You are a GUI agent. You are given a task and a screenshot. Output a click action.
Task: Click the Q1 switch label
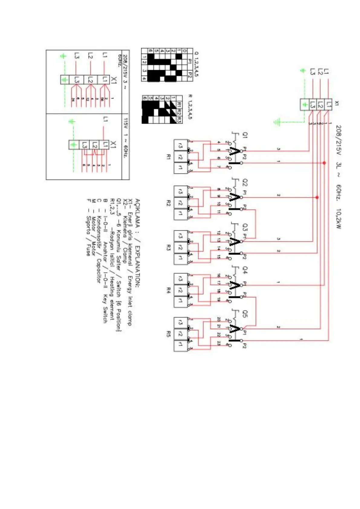tap(245, 135)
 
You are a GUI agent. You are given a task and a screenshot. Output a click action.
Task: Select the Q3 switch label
tap(245, 227)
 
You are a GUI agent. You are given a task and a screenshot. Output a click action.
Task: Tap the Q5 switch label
tap(245, 314)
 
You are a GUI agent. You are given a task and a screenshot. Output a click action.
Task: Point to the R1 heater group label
tap(168, 157)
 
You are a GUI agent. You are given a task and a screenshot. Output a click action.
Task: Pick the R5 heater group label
tap(168, 334)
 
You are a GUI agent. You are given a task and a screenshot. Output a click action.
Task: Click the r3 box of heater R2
tap(180, 192)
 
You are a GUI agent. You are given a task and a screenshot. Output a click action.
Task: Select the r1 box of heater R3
tap(180, 258)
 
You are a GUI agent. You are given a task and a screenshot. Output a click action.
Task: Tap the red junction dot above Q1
tap(324, 163)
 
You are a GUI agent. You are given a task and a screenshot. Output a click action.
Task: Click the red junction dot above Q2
tap(317, 198)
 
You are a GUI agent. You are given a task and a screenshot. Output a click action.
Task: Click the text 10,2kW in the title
tap(338, 218)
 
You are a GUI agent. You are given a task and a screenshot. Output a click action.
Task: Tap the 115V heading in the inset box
tap(126, 123)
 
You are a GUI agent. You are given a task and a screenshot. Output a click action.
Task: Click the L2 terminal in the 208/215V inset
tap(90, 80)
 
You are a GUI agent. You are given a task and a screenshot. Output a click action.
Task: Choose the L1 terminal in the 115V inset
tap(105, 144)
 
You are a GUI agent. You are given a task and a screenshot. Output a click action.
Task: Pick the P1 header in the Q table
tap(190, 61)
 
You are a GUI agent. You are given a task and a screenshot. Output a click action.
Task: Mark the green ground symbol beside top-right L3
tap(303, 71)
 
